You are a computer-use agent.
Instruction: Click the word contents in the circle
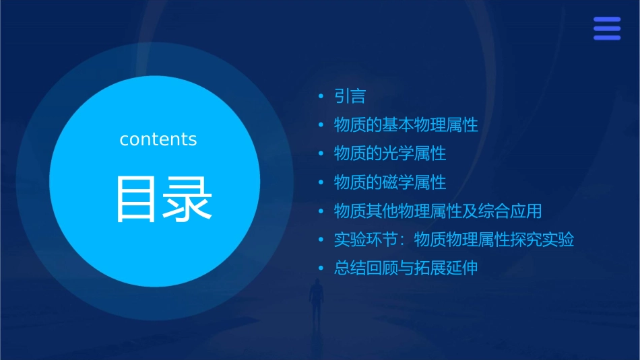(x=158, y=139)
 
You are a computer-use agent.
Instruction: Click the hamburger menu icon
(x=607, y=28)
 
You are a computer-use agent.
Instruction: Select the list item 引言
(x=350, y=96)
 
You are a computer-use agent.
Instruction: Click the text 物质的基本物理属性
(x=406, y=125)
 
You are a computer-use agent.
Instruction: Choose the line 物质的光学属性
(x=390, y=153)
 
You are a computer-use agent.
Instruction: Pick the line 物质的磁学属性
(x=390, y=182)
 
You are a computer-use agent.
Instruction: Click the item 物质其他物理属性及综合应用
(x=438, y=211)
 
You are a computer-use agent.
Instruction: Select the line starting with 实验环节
(x=453, y=240)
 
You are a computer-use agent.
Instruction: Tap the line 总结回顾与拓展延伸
(x=406, y=268)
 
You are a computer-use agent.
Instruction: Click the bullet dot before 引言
(x=322, y=97)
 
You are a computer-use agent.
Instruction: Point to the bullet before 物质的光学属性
(x=322, y=154)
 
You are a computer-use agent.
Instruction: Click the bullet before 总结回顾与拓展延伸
(x=322, y=268)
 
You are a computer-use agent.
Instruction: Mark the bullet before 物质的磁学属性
(x=322, y=183)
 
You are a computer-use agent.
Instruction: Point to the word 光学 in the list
(x=398, y=153)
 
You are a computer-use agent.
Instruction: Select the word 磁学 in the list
(x=398, y=182)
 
